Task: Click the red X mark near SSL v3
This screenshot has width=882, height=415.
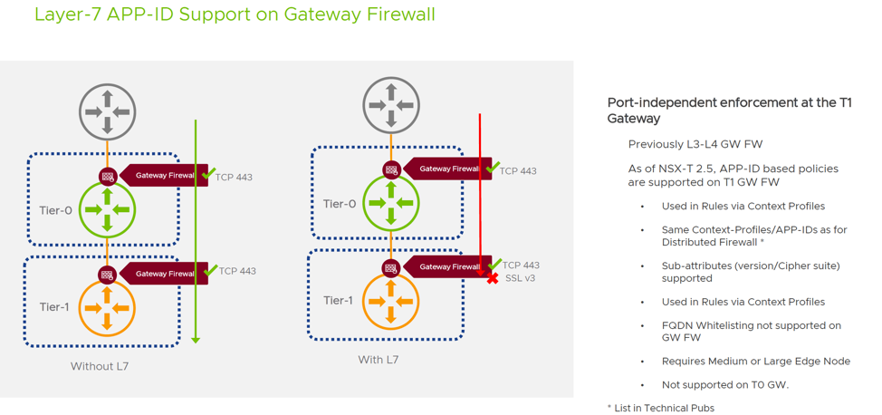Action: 493,277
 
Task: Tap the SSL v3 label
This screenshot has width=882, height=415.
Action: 520,278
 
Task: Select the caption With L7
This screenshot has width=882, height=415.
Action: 378,360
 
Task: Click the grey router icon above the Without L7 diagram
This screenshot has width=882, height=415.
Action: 107,111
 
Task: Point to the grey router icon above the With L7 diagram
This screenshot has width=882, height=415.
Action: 391,105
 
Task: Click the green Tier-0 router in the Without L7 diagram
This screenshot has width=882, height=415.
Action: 107,209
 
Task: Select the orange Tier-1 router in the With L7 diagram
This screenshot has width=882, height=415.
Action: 391,302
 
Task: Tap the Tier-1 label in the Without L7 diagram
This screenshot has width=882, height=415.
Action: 54,307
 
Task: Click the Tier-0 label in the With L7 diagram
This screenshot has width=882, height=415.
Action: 339,204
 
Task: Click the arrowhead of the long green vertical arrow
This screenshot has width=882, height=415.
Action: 196,340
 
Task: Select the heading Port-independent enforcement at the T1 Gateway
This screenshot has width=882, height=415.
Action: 729,111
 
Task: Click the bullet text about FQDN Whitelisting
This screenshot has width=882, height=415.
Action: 751,331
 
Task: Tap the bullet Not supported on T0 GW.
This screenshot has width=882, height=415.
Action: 725,385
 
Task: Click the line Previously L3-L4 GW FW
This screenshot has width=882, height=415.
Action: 695,144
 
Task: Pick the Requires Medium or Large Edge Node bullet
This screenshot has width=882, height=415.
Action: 755,361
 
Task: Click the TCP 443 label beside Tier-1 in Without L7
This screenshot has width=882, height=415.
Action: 237,271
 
